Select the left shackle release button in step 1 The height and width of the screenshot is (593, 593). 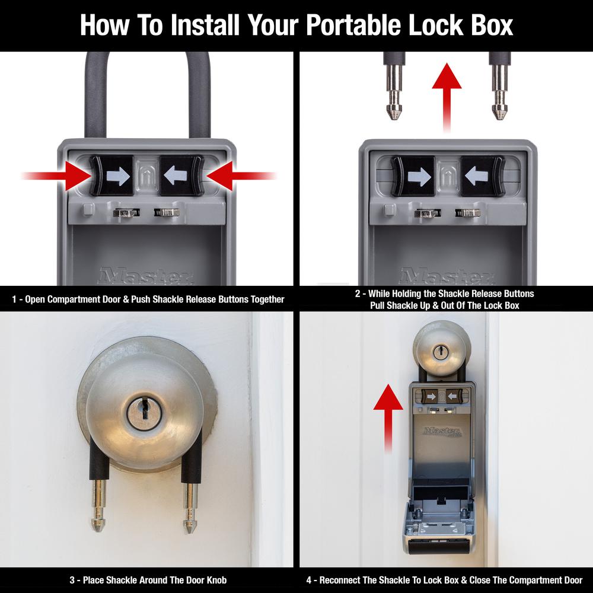(113, 176)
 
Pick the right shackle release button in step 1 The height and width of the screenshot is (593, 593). (181, 176)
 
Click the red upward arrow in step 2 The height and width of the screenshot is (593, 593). (447, 98)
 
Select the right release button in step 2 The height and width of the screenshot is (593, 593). (482, 176)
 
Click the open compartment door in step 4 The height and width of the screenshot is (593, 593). (441, 528)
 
